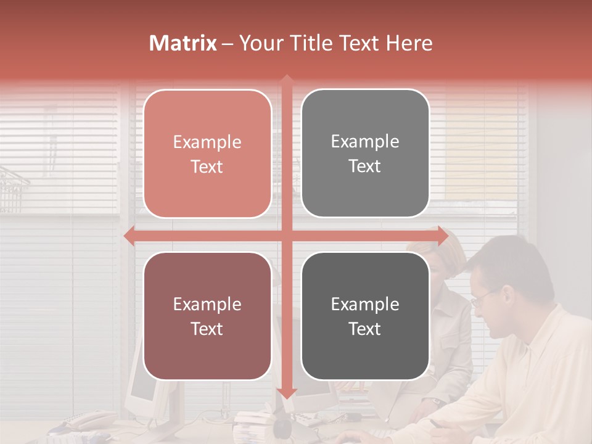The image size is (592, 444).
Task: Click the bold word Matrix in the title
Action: coord(183,43)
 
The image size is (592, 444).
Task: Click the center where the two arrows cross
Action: coord(286,236)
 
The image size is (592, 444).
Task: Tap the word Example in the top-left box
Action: coord(207,142)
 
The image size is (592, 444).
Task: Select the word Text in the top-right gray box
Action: coord(365,166)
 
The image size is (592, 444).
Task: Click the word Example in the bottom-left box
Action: coord(207,305)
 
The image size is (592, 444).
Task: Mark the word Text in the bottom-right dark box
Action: coord(365,329)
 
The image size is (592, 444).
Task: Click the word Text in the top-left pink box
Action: coord(207,166)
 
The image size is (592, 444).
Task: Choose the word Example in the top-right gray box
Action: coord(365,142)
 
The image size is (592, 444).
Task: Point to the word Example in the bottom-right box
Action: coord(365,305)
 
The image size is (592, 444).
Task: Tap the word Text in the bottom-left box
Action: coord(207,329)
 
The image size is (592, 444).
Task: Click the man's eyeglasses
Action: coord(482,298)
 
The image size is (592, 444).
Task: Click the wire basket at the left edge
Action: coord(12,189)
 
